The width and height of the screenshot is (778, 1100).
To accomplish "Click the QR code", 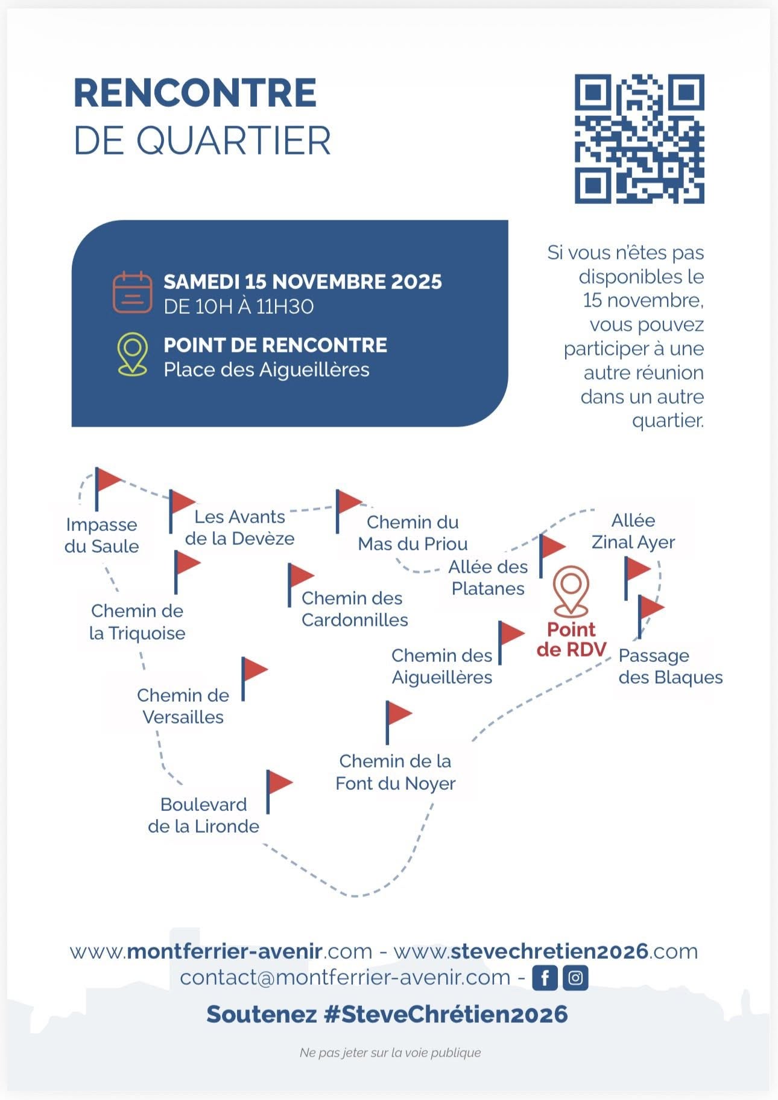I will coord(639,139).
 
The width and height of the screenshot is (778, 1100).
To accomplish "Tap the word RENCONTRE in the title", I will coord(195,93).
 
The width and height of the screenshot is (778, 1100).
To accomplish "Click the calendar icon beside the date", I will coord(132,292).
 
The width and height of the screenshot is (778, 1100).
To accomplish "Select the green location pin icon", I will coord(132,354).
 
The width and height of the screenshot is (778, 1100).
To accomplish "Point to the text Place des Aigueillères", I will coord(266,369).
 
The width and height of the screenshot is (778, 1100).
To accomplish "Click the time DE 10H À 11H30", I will coord(238,307).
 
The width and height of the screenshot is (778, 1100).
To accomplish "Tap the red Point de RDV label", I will coord(571,640).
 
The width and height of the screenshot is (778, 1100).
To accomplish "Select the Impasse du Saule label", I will coord(101,535).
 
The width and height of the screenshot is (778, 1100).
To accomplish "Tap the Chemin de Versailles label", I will coord(183,706).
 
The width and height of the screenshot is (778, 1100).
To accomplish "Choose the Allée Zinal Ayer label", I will coord(633,531).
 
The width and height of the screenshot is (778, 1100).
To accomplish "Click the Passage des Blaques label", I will coord(670,666).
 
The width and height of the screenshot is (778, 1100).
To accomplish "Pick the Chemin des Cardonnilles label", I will coord(355,609).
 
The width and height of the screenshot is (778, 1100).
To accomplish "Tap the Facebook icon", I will coord(545,977).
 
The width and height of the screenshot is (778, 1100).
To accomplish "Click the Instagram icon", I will coord(575,977).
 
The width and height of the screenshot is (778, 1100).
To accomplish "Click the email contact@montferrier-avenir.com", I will coord(345,977).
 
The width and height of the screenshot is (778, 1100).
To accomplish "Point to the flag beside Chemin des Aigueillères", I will coord(510,640).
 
